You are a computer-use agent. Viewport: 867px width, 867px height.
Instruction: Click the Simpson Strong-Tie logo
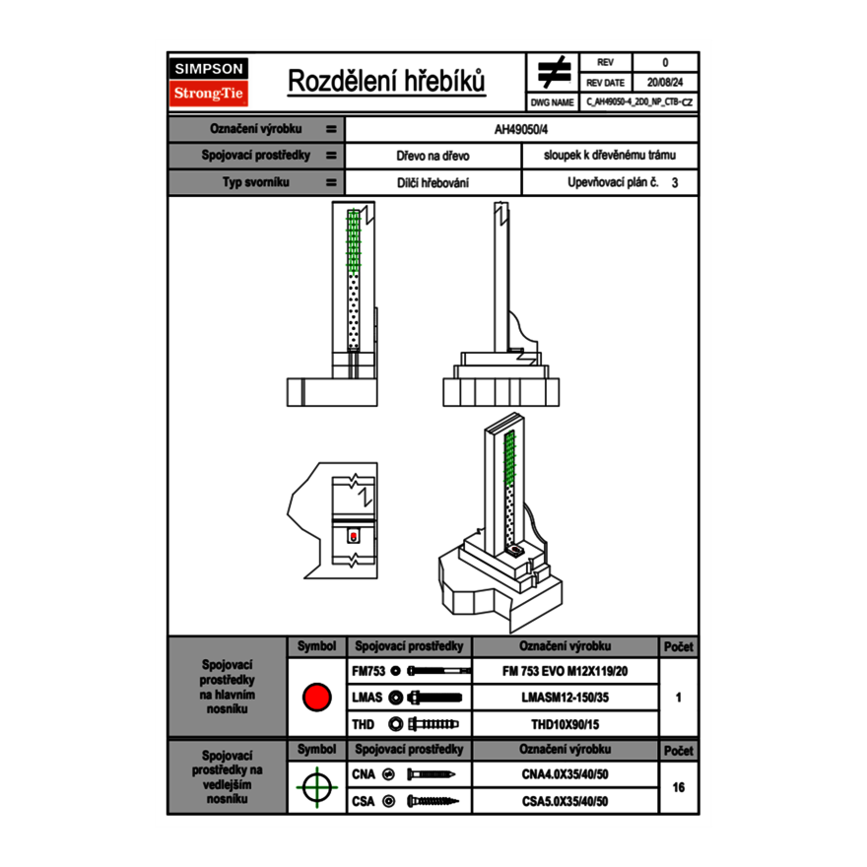pyautogui.click(x=209, y=82)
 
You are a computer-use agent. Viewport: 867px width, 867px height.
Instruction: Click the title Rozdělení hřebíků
pyautogui.click(x=386, y=82)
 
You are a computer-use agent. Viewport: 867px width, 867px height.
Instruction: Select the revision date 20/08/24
pyautogui.click(x=665, y=83)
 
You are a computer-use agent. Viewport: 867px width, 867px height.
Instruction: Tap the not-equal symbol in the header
pyautogui.click(x=554, y=73)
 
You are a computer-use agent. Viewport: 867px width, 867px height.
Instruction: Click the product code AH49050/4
pyautogui.click(x=521, y=129)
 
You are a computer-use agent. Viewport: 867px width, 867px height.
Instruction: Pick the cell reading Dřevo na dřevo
pyautogui.click(x=433, y=156)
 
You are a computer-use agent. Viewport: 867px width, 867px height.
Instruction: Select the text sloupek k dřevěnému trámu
pyautogui.click(x=609, y=156)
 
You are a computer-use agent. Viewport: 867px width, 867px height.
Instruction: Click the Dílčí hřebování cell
pyautogui.click(x=433, y=182)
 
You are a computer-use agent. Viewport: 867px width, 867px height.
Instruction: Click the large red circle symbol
pyautogui.click(x=316, y=698)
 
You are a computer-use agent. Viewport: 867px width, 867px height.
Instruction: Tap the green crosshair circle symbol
pyautogui.click(x=316, y=787)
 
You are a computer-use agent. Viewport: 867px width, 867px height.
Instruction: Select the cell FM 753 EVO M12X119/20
pyautogui.click(x=565, y=671)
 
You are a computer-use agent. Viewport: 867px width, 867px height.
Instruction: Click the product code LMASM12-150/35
pyautogui.click(x=565, y=698)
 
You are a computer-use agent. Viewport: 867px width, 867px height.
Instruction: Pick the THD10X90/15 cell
pyautogui.click(x=565, y=724)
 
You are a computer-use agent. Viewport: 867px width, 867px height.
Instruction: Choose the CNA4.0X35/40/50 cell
pyautogui.click(x=565, y=774)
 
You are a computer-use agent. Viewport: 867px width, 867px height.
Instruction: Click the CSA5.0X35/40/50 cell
pyautogui.click(x=565, y=801)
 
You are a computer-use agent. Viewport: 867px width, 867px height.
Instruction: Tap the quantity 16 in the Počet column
pyautogui.click(x=678, y=787)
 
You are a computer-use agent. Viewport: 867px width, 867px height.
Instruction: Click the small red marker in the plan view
pyautogui.click(x=354, y=536)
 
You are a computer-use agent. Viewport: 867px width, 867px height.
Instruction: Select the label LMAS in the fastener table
pyautogui.click(x=367, y=698)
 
